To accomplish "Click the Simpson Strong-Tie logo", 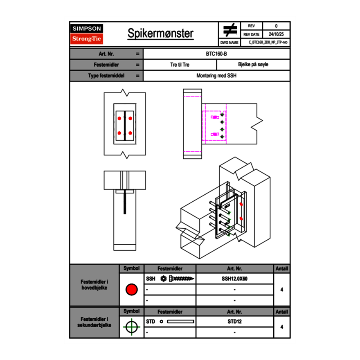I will [x=86, y=34].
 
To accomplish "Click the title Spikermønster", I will [x=160, y=34].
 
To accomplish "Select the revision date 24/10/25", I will [x=276, y=34].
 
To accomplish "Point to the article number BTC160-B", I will [x=216, y=54].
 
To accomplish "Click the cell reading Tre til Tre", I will [x=180, y=65].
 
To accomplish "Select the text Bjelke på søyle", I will [x=253, y=65].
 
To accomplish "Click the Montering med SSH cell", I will [x=216, y=76].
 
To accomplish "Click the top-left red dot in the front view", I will [x=119, y=119].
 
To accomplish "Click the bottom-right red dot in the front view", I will [x=130, y=133].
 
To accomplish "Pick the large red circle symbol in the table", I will [x=131, y=290].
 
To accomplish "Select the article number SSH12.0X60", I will [x=234, y=279].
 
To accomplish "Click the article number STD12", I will [x=234, y=322].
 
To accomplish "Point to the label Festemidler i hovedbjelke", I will [x=94, y=285].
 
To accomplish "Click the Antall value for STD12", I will [x=281, y=327].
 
